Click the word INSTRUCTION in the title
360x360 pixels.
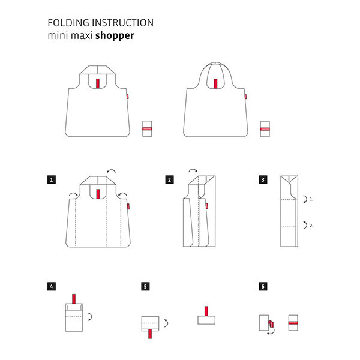coord(123,23)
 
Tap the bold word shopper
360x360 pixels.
coord(115,36)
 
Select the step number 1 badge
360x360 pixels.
coord(52,179)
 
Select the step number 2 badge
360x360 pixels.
coord(169,179)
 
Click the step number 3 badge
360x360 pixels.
coord(263,179)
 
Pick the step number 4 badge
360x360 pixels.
coord(52,286)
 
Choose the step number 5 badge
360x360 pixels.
coord(145,286)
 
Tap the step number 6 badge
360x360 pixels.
coord(263,286)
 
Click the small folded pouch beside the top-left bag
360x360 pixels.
coord(147,129)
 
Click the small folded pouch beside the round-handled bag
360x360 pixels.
coord(265,129)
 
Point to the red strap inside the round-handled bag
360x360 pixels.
coord(215,84)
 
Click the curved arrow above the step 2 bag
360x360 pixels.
coord(193,170)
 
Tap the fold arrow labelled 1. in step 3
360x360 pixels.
coord(305,199)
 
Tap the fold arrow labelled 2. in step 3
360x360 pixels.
coord(305,225)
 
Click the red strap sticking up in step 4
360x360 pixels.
coord(74,299)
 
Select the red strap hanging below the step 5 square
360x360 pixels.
coord(150,334)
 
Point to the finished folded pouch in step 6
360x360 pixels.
coord(293,323)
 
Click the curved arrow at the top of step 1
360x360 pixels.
coord(112,170)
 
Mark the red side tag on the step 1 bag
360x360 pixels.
coord(128,206)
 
